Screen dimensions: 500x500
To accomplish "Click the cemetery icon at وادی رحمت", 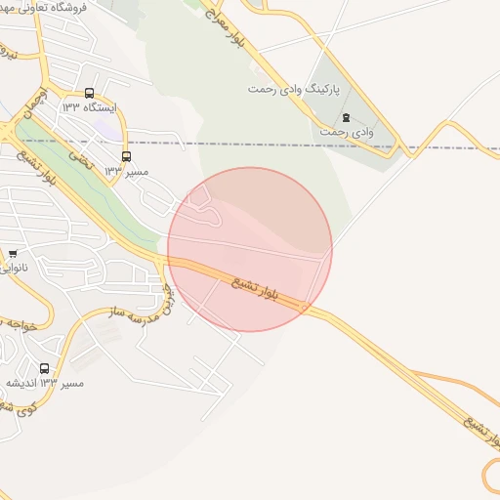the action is pyautogui.click(x=346, y=116).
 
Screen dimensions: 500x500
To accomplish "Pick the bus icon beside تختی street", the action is pyautogui.click(x=126, y=156).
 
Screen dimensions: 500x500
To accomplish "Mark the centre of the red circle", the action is pyautogui.click(x=250, y=250).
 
